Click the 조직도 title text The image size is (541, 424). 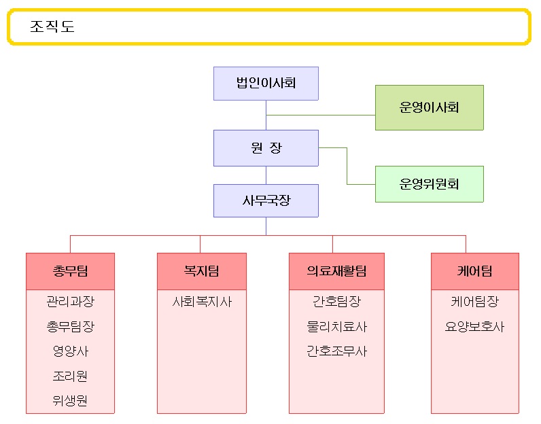coord(52,27)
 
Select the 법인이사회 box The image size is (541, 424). coord(266,84)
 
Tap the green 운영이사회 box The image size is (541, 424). coord(429,107)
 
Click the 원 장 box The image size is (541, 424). coord(266,148)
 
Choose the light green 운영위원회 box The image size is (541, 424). coord(429,184)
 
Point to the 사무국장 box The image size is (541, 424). coord(266,201)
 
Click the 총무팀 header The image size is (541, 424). coord(70,271)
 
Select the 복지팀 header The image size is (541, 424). coord(201,271)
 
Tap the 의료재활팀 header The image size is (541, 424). coord(336,271)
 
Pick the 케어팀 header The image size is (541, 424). coord(475,271)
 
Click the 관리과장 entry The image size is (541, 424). coord(70,302)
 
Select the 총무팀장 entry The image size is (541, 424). coord(70,327)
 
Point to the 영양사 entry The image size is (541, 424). coord(70,351)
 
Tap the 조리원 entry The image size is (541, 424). coord(70,376)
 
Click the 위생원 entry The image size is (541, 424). coord(70,400)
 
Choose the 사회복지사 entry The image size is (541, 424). coord(201,302)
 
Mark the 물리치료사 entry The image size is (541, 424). coord(336,327)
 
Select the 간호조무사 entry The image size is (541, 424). coord(336,351)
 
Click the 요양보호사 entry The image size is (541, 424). coord(475,327)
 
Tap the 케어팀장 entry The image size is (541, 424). coord(475,302)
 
